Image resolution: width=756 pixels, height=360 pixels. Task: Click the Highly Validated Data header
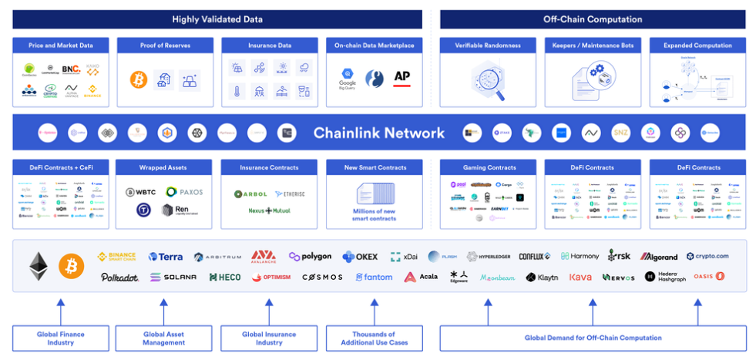217,19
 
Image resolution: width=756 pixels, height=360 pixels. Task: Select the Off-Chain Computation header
593,19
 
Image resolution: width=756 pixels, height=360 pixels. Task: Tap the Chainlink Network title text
378,133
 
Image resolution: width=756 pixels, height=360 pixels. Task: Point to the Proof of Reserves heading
163,45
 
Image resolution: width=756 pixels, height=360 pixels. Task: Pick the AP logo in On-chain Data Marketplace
402,76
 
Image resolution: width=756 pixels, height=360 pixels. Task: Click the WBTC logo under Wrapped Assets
141,192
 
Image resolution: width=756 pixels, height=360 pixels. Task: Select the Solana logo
173,277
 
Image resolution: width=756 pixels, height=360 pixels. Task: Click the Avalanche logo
264,256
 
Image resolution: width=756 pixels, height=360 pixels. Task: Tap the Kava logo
580,277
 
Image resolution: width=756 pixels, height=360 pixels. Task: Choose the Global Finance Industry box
61,338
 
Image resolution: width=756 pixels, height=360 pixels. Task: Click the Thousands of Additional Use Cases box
374,338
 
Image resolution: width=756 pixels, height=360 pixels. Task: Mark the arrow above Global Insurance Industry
269,311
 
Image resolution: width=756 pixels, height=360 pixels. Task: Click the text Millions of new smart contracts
375,215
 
